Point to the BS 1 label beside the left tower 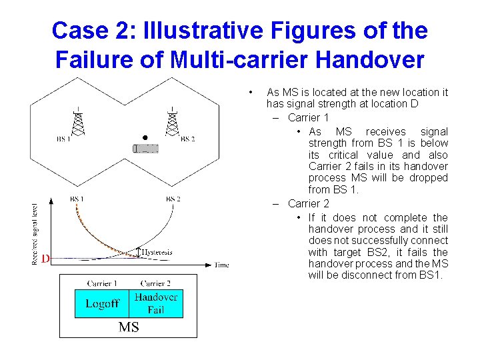tap(64, 139)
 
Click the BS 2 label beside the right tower tap(188, 139)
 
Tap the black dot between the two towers tap(144, 138)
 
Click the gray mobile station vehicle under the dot tap(146, 148)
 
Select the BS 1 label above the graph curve tap(77, 199)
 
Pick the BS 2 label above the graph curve tap(173, 199)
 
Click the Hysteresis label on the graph tap(157, 252)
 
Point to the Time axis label tap(221, 265)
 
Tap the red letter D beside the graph tap(45, 259)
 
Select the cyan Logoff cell tap(101, 303)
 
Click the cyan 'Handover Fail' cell tap(155, 303)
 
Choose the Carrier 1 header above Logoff tap(102, 283)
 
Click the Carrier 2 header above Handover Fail tap(155, 283)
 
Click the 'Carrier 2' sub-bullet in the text tap(309, 203)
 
